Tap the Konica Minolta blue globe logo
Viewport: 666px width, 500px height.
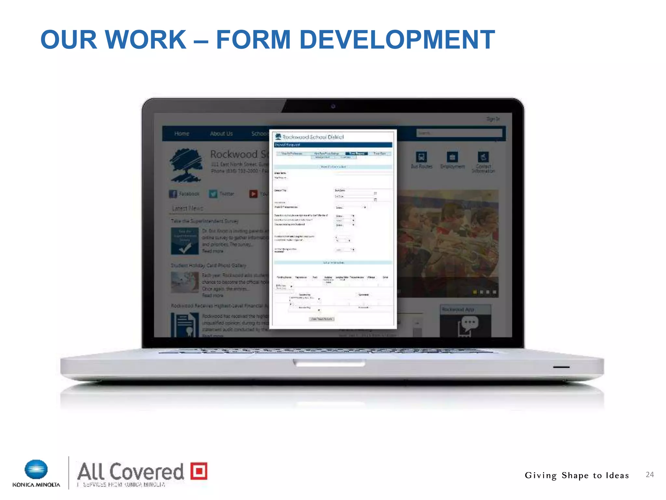[36, 469]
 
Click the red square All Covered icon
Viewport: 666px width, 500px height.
[199, 471]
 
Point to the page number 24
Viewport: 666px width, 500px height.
[649, 475]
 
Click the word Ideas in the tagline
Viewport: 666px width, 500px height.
[617, 476]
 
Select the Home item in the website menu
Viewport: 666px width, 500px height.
[181, 134]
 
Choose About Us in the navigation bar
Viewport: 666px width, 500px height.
[221, 134]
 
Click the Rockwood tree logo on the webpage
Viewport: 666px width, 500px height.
[186, 165]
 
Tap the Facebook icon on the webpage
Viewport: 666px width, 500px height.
[173, 194]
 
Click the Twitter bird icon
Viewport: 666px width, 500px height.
[213, 194]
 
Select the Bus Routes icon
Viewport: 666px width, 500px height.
[421, 157]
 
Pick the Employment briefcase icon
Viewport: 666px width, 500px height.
[452, 157]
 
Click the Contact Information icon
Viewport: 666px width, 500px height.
[483, 157]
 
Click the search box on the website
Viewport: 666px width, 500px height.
[459, 133]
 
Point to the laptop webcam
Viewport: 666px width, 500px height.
[333, 106]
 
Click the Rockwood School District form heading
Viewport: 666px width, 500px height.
[313, 137]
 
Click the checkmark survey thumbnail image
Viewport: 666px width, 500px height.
[185, 241]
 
